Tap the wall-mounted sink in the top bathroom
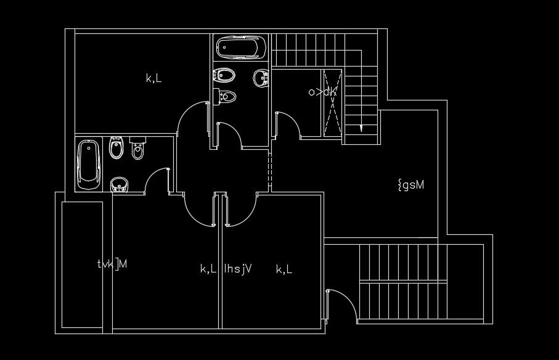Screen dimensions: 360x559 point(261,78)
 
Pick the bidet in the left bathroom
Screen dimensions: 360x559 point(115,148)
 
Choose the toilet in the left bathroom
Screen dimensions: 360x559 point(137,149)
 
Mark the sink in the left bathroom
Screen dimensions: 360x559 point(119,184)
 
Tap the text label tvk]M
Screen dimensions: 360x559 point(112,264)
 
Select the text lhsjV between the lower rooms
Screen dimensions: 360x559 point(239,269)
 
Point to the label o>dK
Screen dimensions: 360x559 point(322,92)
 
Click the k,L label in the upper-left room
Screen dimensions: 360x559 point(153,78)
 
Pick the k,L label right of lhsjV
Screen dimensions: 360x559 point(284,269)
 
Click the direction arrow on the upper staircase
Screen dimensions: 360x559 point(359,128)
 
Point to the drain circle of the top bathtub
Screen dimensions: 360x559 point(224,47)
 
